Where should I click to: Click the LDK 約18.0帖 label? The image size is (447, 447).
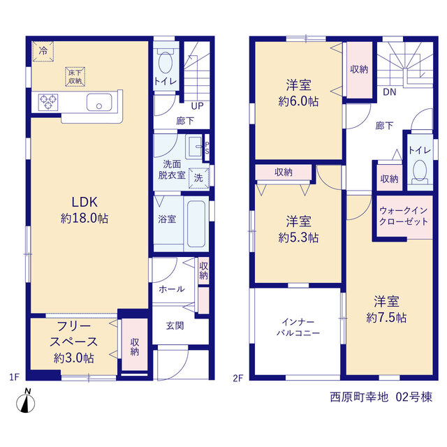pyautogui.click(x=85, y=210)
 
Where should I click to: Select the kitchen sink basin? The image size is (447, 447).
pyautogui.click(x=99, y=103)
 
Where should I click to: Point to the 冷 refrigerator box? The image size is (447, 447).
pyautogui.click(x=43, y=51)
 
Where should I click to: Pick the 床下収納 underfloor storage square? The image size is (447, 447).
pyautogui.click(x=75, y=77)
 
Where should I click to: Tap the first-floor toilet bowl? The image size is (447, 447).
pyautogui.click(x=166, y=62)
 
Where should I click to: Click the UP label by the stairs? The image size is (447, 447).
pyautogui.click(x=197, y=106)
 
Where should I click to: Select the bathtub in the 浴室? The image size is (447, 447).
pyautogui.click(x=196, y=223)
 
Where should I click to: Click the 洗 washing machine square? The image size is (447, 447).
pyautogui.click(x=198, y=178)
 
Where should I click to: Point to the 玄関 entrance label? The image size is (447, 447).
pyautogui.click(x=175, y=325)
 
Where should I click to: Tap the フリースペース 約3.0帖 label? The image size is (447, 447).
pyautogui.click(x=74, y=342)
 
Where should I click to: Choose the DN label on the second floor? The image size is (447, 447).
pyautogui.click(x=390, y=92)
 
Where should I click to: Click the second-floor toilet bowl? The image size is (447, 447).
pyautogui.click(x=420, y=170)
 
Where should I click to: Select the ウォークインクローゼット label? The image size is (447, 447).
pyautogui.click(x=404, y=216)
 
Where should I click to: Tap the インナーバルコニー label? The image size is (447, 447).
pyautogui.click(x=298, y=328)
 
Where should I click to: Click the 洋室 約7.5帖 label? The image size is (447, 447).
pyautogui.click(x=386, y=309)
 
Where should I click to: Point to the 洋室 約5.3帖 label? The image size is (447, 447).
pyautogui.click(x=298, y=230)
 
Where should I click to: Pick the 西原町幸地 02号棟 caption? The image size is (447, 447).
pyautogui.click(x=381, y=397)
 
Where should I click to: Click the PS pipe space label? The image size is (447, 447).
pyautogui.click(x=207, y=148)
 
